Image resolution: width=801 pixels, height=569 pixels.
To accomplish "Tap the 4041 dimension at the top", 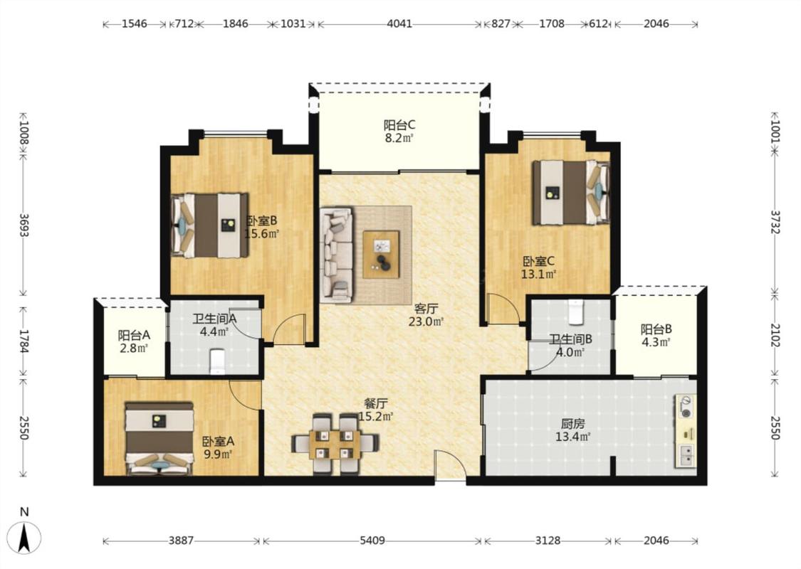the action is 399,23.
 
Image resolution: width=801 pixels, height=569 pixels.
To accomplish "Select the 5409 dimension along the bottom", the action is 372,540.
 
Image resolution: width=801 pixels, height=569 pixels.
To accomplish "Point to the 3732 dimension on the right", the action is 775,223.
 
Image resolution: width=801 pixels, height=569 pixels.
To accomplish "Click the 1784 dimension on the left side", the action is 23,341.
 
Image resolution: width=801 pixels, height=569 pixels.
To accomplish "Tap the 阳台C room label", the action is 399,124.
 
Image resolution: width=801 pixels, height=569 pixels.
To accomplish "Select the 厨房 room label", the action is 572,424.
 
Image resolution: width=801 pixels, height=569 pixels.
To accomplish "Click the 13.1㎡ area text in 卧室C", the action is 538,274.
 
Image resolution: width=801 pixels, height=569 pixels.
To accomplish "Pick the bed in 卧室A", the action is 159,438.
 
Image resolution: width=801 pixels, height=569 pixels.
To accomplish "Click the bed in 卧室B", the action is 210,225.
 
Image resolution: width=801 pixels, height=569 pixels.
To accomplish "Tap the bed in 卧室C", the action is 570,192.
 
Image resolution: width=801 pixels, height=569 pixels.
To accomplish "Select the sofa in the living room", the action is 337,254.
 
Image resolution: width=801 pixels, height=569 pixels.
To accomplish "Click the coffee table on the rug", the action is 381,254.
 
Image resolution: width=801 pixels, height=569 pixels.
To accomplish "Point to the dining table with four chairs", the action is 335,443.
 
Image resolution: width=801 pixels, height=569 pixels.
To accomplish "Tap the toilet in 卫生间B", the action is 576,312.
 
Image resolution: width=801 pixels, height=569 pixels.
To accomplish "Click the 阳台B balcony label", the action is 656,329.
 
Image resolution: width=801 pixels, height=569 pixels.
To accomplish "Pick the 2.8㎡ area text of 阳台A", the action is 134,348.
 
